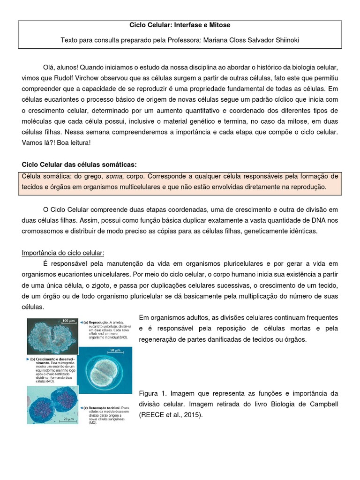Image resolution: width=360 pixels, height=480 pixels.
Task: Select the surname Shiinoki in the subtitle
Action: point(282,40)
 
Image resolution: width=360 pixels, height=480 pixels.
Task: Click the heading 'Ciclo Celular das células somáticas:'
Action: point(80,165)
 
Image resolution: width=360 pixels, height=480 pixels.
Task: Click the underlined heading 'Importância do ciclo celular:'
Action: point(63,253)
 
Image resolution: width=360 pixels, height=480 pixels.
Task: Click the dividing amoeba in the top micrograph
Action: point(52,337)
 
